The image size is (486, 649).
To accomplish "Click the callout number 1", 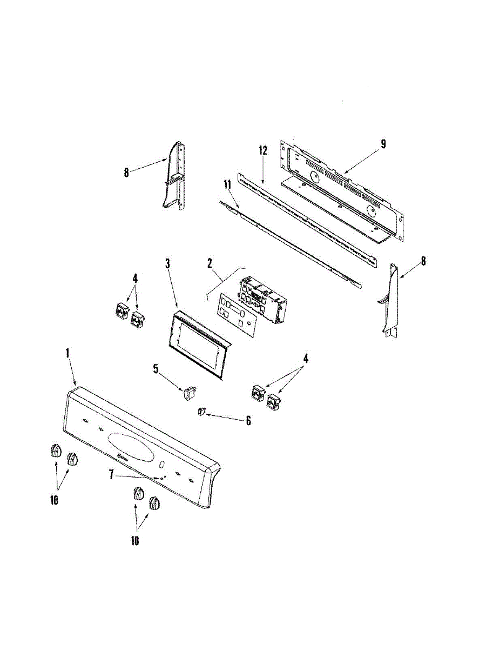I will (x=68, y=353).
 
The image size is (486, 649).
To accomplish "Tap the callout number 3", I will (x=168, y=263).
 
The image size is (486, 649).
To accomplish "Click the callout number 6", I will (x=248, y=420).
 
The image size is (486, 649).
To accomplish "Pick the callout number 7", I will (x=111, y=474).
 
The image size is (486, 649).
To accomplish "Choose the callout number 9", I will (x=383, y=144).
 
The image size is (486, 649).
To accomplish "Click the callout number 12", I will (x=263, y=151).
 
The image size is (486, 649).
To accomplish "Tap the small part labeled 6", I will (x=201, y=412).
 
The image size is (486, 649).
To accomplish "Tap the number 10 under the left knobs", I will (x=54, y=500).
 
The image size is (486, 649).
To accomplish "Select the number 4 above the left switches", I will (x=135, y=279).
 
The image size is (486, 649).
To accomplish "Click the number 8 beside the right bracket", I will (x=424, y=262).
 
